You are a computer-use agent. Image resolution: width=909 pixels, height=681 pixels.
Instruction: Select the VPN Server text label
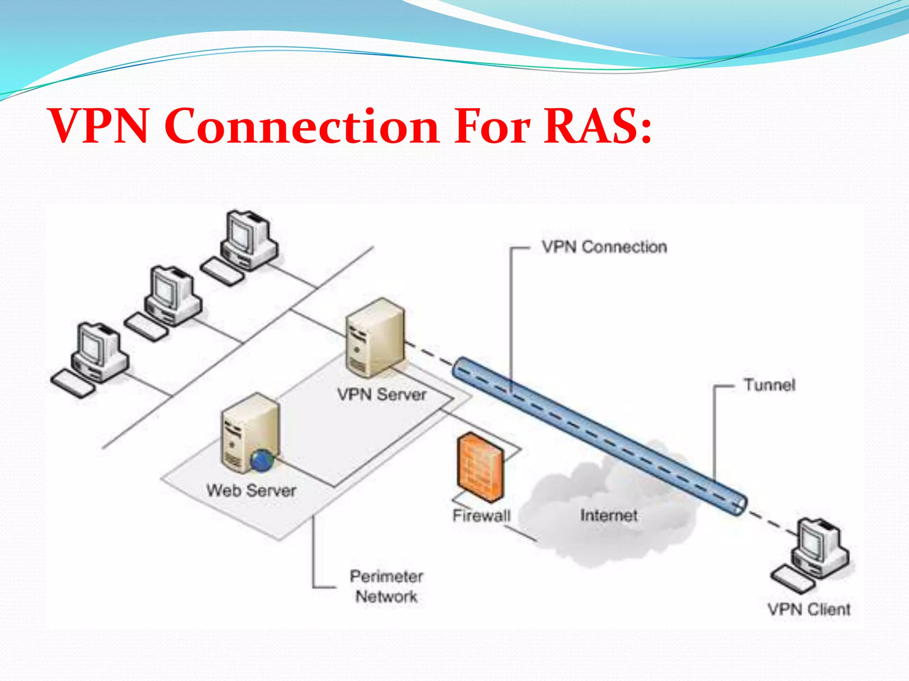tap(381, 394)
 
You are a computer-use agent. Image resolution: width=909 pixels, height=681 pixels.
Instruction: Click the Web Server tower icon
tap(249, 432)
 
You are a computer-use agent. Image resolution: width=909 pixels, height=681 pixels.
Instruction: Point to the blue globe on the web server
tap(262, 460)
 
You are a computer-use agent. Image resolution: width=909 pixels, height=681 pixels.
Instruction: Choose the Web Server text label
tap(251, 490)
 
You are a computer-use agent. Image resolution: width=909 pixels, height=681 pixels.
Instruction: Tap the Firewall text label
tap(482, 515)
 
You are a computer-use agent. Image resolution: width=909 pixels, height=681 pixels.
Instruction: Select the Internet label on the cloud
tap(609, 515)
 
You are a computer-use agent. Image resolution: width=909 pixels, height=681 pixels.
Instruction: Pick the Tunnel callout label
tap(770, 385)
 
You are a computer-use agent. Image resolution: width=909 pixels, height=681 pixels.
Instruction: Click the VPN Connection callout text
tap(604, 247)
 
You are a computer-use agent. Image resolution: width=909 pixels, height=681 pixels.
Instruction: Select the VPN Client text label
tap(809, 609)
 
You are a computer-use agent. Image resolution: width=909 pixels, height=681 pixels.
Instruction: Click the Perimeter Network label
tap(386, 586)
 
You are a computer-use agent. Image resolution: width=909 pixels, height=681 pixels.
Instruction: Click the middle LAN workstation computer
tap(169, 301)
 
